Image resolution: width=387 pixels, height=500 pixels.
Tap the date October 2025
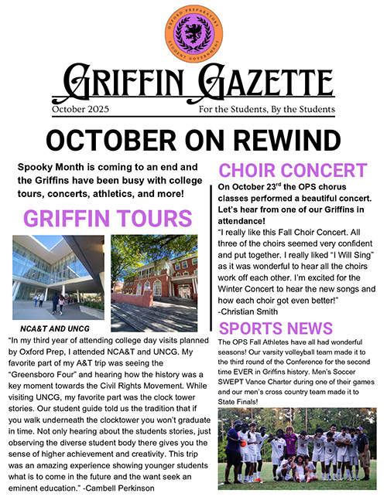pyautogui.click(x=84, y=110)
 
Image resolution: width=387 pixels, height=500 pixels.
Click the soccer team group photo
pyautogui.click(x=296, y=448)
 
